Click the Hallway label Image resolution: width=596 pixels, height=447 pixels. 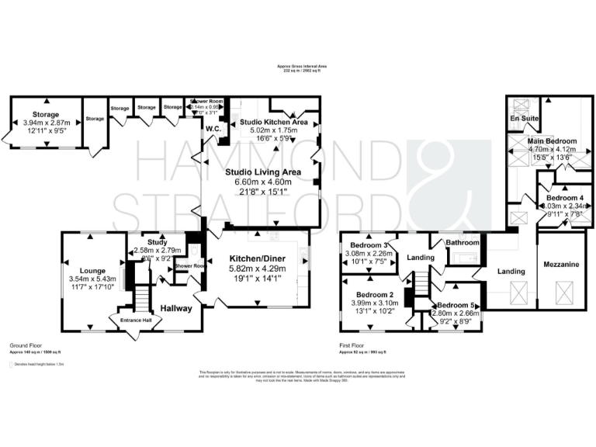(x=175, y=309)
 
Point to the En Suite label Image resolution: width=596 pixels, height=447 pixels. (x=524, y=118)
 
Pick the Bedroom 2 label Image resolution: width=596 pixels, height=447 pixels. (x=375, y=295)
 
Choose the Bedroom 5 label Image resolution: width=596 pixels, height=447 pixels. (x=456, y=306)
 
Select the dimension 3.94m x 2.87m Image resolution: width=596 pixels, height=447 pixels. (x=47, y=123)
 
